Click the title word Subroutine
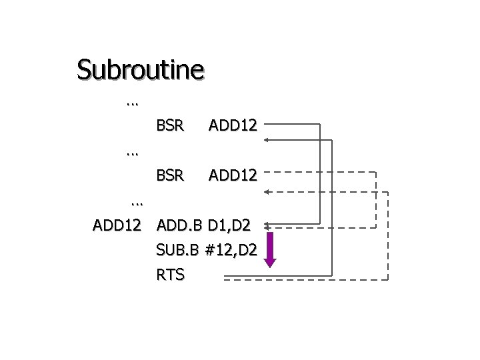(x=140, y=69)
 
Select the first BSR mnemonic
(x=170, y=124)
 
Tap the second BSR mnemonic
(x=170, y=176)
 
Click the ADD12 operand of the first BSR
(x=233, y=124)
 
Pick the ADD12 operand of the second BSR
(x=233, y=176)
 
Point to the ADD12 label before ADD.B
(x=117, y=226)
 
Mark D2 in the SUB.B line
(x=244, y=250)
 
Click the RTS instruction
(x=170, y=274)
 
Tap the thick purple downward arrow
(x=271, y=249)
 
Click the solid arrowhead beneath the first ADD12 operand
(x=267, y=140)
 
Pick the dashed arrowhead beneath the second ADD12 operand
(x=267, y=192)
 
